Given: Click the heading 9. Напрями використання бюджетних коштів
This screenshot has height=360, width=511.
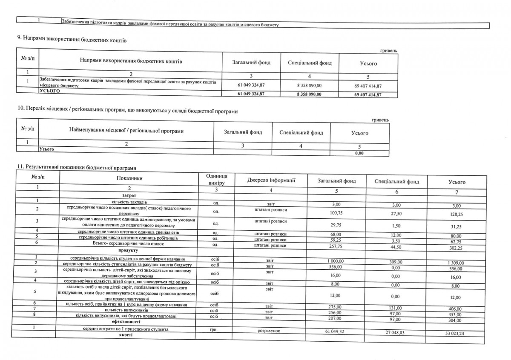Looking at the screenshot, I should (x=72, y=40).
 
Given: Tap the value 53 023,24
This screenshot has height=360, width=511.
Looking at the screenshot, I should (x=452, y=334).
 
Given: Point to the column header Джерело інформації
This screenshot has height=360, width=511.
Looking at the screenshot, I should (x=271, y=180).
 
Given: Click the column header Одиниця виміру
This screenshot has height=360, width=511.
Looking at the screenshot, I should (x=216, y=180).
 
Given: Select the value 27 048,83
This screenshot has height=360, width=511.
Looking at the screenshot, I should (x=391, y=331).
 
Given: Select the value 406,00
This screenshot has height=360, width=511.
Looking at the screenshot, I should (x=452, y=309).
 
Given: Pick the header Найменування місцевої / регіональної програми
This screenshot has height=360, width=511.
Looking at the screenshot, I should (x=126, y=131).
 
